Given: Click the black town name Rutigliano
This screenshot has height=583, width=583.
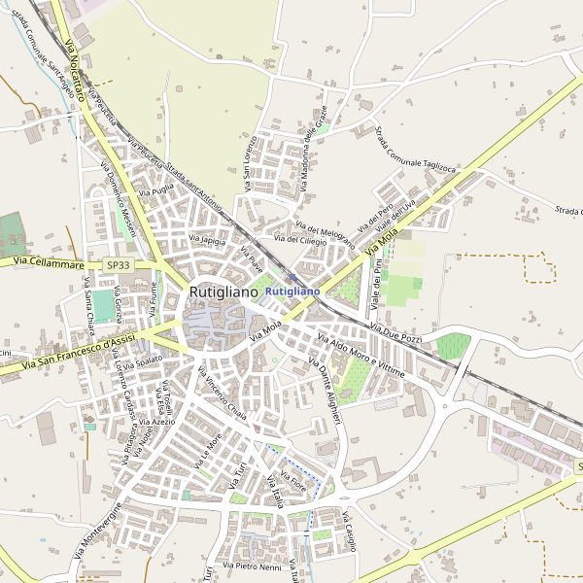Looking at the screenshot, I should click(x=223, y=291).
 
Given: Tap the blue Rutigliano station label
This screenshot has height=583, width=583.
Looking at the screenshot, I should click(x=292, y=291).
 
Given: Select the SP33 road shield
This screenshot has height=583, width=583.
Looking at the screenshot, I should click(x=118, y=264).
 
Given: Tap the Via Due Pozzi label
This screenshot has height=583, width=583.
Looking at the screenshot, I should click(x=395, y=336).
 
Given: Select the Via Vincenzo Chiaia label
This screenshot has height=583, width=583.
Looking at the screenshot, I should click(x=223, y=393).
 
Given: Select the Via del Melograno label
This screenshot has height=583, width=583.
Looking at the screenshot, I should click(x=318, y=226).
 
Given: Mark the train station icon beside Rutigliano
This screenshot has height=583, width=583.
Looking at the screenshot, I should click(x=291, y=277).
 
